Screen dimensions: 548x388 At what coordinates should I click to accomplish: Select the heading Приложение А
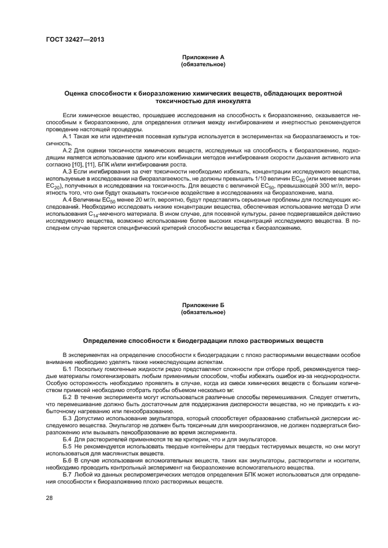[203, 57]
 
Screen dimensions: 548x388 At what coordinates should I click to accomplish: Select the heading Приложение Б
[203, 305]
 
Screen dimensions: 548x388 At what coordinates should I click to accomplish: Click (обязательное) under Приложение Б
[203, 312]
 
